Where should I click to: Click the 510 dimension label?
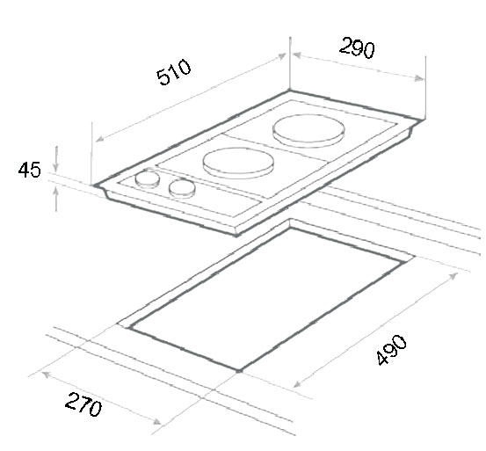(x=172, y=76)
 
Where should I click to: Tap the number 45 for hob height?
(x=29, y=170)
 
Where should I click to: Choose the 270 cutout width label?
(x=83, y=405)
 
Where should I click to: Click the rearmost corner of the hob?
(x=290, y=90)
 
